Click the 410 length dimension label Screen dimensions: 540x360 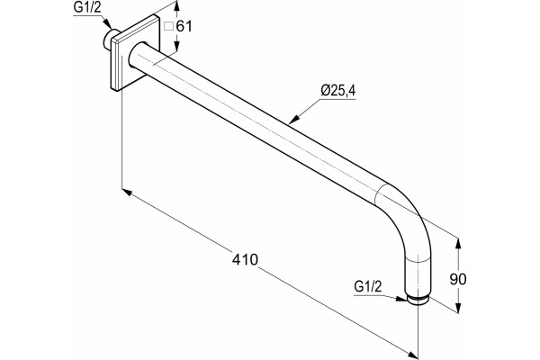tap(245, 259)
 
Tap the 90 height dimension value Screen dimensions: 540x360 tap(458, 279)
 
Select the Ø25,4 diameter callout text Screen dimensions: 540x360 tap(337, 91)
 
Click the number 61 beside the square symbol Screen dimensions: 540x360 tap(184, 26)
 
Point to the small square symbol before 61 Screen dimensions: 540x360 tap(169, 26)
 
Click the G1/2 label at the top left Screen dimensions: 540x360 tap(87, 8)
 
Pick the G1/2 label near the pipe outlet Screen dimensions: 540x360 tap(368, 286)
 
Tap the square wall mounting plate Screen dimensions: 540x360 tap(135, 53)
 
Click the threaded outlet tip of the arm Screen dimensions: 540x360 tap(418, 301)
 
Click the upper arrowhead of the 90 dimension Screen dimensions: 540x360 tap(458, 244)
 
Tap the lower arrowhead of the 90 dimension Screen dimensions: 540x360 tap(458, 308)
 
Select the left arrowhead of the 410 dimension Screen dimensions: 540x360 tap(127, 192)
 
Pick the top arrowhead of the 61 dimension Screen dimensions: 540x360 tap(176, 6)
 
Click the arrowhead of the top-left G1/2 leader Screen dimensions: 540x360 tap(109, 25)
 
